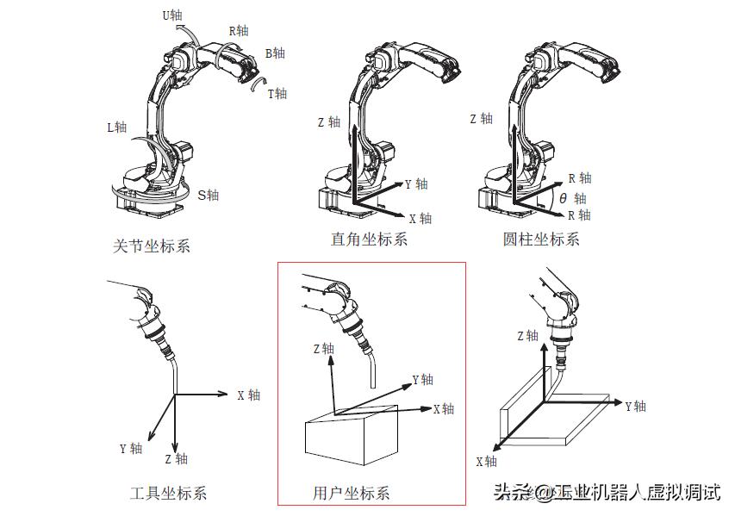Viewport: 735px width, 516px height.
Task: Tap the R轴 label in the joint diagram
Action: (x=238, y=31)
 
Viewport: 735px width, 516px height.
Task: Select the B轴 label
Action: (x=275, y=53)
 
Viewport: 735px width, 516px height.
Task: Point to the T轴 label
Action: (x=277, y=94)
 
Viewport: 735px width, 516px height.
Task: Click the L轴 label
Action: (x=116, y=127)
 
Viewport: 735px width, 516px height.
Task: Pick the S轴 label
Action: (x=209, y=196)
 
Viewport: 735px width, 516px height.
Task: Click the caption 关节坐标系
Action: (x=151, y=246)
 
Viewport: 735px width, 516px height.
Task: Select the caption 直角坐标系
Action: (x=369, y=239)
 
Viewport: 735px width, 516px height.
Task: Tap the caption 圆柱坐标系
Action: (x=541, y=239)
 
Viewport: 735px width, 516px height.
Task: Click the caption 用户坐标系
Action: (x=351, y=494)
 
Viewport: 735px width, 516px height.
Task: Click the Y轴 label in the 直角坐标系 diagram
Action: (x=416, y=184)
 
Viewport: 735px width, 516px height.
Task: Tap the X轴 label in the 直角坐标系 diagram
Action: (x=420, y=219)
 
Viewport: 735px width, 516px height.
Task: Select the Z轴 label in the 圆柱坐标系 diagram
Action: (x=481, y=119)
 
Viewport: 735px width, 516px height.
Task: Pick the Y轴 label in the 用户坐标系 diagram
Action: (x=422, y=380)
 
